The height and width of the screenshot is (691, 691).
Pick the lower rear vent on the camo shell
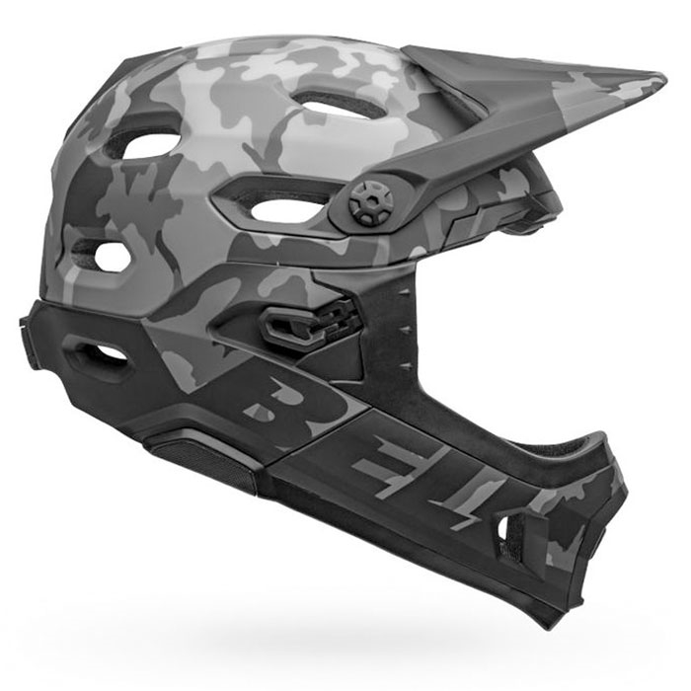point(112,256)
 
